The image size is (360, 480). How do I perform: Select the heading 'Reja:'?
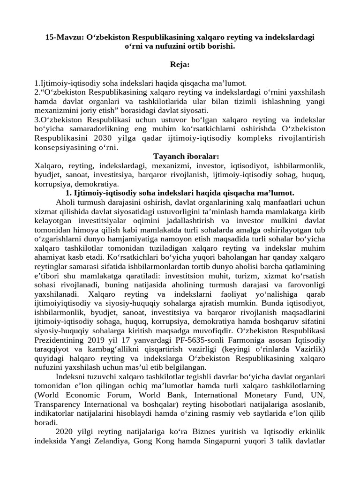point(180,63)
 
